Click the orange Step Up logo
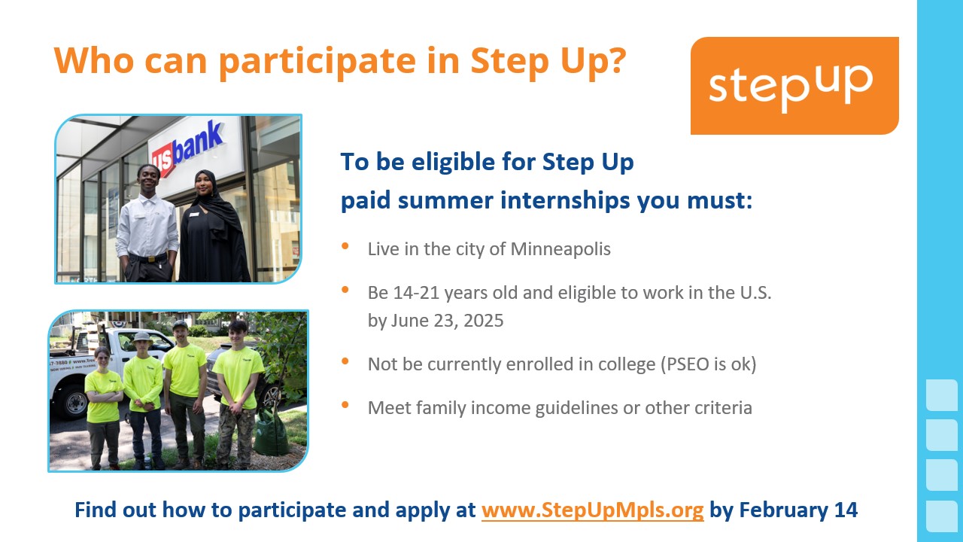[794, 86]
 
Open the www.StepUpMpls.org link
[592, 510]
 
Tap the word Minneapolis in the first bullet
[560, 249]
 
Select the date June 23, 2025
[447, 321]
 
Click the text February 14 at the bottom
[798, 510]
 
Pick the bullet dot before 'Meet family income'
[345, 405]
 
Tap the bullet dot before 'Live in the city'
[345, 246]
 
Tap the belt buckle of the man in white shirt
[150, 259]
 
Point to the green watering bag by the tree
[270, 431]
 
